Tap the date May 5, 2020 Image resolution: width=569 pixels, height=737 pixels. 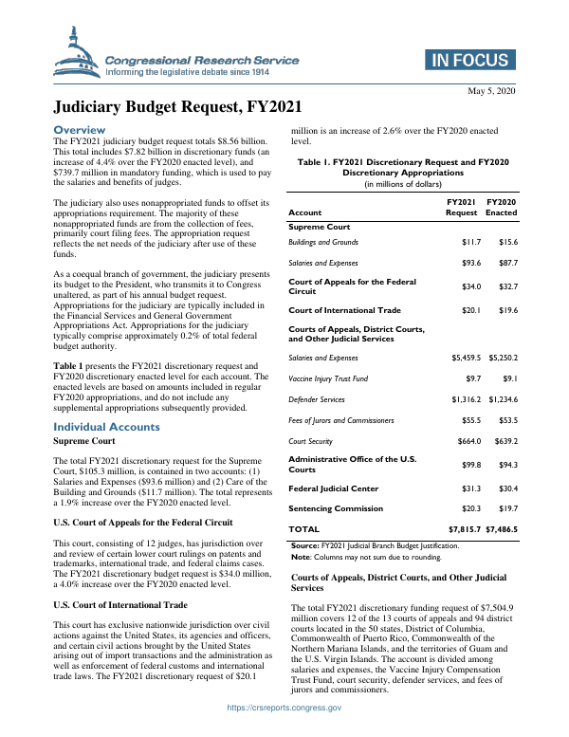click(x=491, y=90)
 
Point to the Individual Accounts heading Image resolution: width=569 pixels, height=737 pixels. click(x=107, y=427)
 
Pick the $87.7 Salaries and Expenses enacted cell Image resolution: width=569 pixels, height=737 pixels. click(x=502, y=263)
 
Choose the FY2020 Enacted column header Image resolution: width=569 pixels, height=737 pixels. click(x=502, y=207)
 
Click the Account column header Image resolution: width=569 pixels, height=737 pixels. click(x=304, y=212)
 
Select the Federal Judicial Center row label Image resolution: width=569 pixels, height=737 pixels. click(x=333, y=488)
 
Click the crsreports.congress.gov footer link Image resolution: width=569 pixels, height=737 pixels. click(x=284, y=733)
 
